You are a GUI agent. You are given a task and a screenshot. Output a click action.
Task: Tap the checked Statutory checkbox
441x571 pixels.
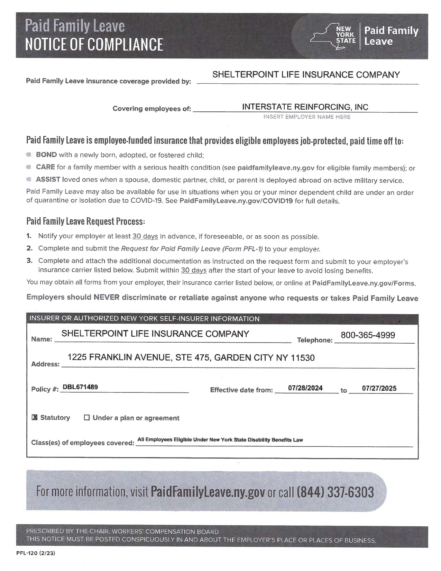pos(34,418)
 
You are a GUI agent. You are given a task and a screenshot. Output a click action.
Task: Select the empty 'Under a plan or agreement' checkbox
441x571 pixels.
pos(87,418)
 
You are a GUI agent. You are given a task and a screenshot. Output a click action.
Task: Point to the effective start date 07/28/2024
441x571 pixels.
pos(305,388)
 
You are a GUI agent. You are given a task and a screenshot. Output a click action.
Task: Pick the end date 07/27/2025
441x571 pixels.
pos(379,388)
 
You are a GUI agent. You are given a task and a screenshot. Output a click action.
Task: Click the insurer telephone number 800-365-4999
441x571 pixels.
pos(368,335)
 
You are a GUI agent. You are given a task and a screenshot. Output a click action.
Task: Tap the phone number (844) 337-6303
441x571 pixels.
pos(335,492)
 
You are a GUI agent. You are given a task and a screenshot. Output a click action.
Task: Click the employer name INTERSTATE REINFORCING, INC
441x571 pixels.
pos(305,107)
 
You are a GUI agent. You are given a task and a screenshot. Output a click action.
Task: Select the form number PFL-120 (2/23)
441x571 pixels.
pos(36,553)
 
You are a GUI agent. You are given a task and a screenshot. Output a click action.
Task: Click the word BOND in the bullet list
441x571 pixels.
pos(46,155)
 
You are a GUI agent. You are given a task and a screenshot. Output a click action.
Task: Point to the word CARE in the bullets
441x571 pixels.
pos(45,167)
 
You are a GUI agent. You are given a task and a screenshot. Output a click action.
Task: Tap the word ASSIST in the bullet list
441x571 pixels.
pos(48,180)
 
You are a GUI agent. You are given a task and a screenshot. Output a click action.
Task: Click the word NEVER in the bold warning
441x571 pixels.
pos(107,297)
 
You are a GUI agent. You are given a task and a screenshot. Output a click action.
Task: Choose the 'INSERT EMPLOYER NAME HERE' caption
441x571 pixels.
pos(307,117)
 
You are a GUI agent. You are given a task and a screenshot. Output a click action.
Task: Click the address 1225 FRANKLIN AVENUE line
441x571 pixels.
pos(191,357)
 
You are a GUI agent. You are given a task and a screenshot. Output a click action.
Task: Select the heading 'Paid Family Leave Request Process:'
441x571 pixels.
pos(85,221)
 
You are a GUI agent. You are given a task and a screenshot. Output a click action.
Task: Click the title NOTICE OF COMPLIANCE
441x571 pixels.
pos(94,44)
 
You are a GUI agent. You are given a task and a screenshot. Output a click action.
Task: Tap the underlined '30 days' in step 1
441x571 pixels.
pos(145,236)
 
